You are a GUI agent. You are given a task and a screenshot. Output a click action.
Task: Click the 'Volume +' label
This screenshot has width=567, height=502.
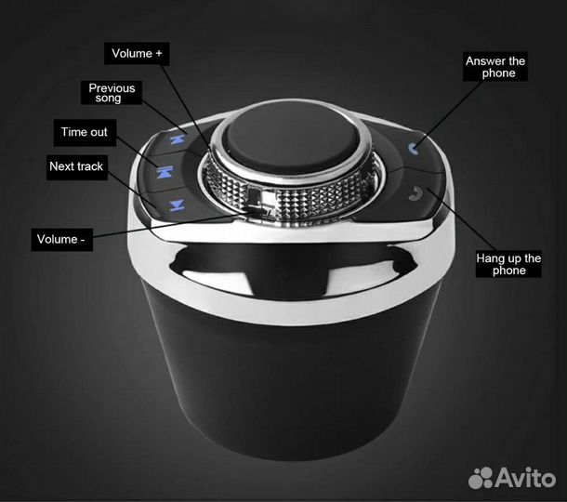137,54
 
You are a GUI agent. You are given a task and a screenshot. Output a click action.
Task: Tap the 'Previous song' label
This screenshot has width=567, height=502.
112,93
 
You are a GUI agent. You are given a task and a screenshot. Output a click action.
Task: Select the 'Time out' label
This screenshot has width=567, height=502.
85,132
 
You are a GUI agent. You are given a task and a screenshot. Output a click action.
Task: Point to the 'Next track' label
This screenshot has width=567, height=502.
76,166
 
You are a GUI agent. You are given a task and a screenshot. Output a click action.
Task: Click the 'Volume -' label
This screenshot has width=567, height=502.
62,239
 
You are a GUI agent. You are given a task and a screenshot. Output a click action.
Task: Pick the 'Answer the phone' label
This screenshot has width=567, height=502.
495,67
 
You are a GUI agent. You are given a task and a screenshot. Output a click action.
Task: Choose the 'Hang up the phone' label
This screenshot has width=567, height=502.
508,264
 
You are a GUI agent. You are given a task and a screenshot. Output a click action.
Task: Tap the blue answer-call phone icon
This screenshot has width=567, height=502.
414,148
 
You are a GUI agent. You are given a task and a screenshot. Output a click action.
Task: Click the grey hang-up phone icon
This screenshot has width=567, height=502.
415,192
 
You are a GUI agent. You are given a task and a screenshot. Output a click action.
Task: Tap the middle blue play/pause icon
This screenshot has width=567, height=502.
165,172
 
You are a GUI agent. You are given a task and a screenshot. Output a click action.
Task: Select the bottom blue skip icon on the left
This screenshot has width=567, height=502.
177,205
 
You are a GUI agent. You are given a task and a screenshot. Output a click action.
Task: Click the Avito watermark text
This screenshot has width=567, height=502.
525,478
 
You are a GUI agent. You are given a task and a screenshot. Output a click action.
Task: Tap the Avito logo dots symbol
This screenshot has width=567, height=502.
481,478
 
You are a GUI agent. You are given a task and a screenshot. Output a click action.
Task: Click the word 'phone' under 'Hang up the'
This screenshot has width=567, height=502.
509,271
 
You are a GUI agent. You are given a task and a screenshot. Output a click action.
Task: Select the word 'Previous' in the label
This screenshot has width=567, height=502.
112,88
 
